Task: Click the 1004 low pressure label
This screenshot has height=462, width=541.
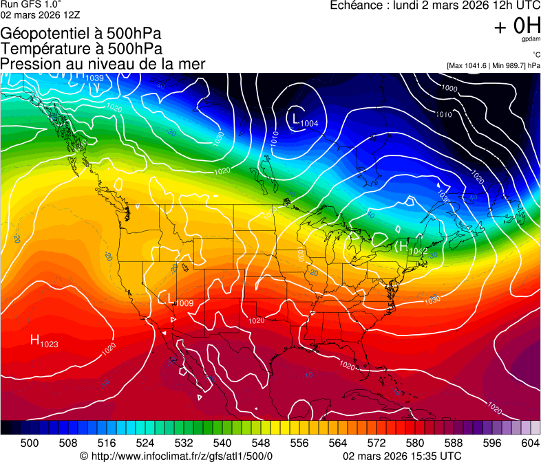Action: [x=310, y=123]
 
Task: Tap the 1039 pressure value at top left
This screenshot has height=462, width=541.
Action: [x=95, y=78]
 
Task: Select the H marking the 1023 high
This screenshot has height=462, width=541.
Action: [x=34, y=340]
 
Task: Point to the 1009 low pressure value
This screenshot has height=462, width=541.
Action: [x=184, y=303]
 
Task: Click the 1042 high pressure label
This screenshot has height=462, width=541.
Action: [x=417, y=252]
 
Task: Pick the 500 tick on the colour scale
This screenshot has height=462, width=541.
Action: [x=30, y=443]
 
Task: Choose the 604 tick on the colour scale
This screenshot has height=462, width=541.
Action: [x=531, y=443]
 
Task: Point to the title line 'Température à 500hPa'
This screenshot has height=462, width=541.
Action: [x=81, y=49]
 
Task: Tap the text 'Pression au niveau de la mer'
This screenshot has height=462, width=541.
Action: [x=103, y=64]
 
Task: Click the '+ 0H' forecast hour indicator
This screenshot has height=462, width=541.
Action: [x=517, y=25]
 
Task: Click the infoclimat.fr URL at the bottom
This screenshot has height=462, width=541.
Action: [x=176, y=456]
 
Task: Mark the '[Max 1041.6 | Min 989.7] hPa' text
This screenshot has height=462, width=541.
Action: [x=493, y=65]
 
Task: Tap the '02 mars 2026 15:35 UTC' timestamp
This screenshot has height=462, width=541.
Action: [x=402, y=456]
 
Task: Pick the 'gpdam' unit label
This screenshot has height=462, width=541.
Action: [x=531, y=39]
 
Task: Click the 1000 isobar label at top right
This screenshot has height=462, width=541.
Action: [x=449, y=88]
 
